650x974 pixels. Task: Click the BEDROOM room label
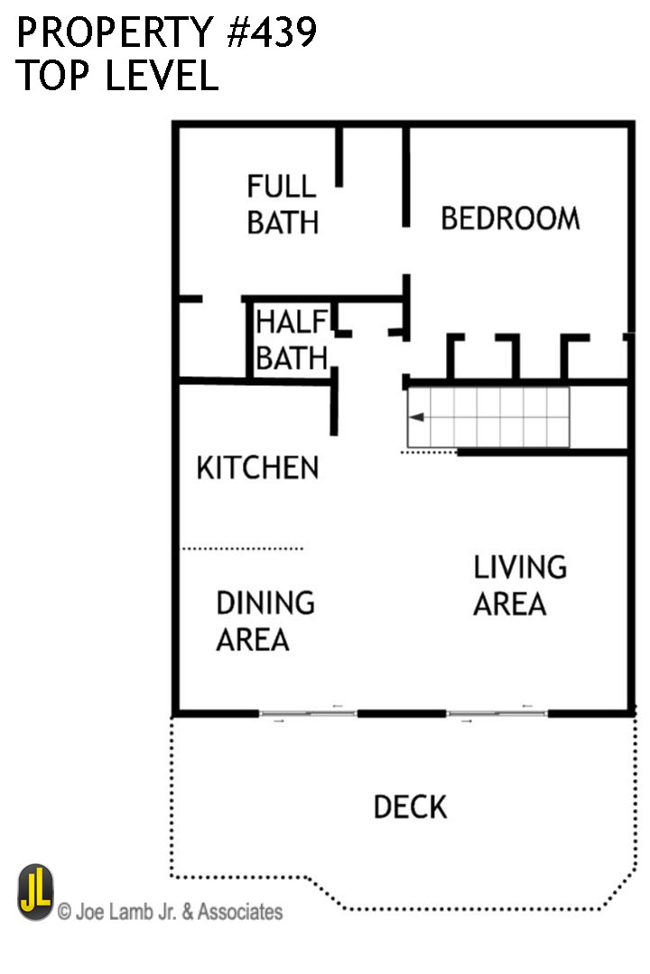510,218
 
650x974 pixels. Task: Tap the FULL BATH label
283,205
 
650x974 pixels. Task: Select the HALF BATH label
291,340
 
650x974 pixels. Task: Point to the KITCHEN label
257,468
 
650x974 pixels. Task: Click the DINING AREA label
265,620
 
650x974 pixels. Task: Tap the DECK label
410,806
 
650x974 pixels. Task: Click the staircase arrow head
414,418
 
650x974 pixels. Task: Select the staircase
488,417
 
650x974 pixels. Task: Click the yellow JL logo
35,892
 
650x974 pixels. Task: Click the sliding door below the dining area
308,713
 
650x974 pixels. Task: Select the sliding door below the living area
497,713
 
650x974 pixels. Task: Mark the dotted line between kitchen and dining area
243,547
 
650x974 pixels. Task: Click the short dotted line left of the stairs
429,452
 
